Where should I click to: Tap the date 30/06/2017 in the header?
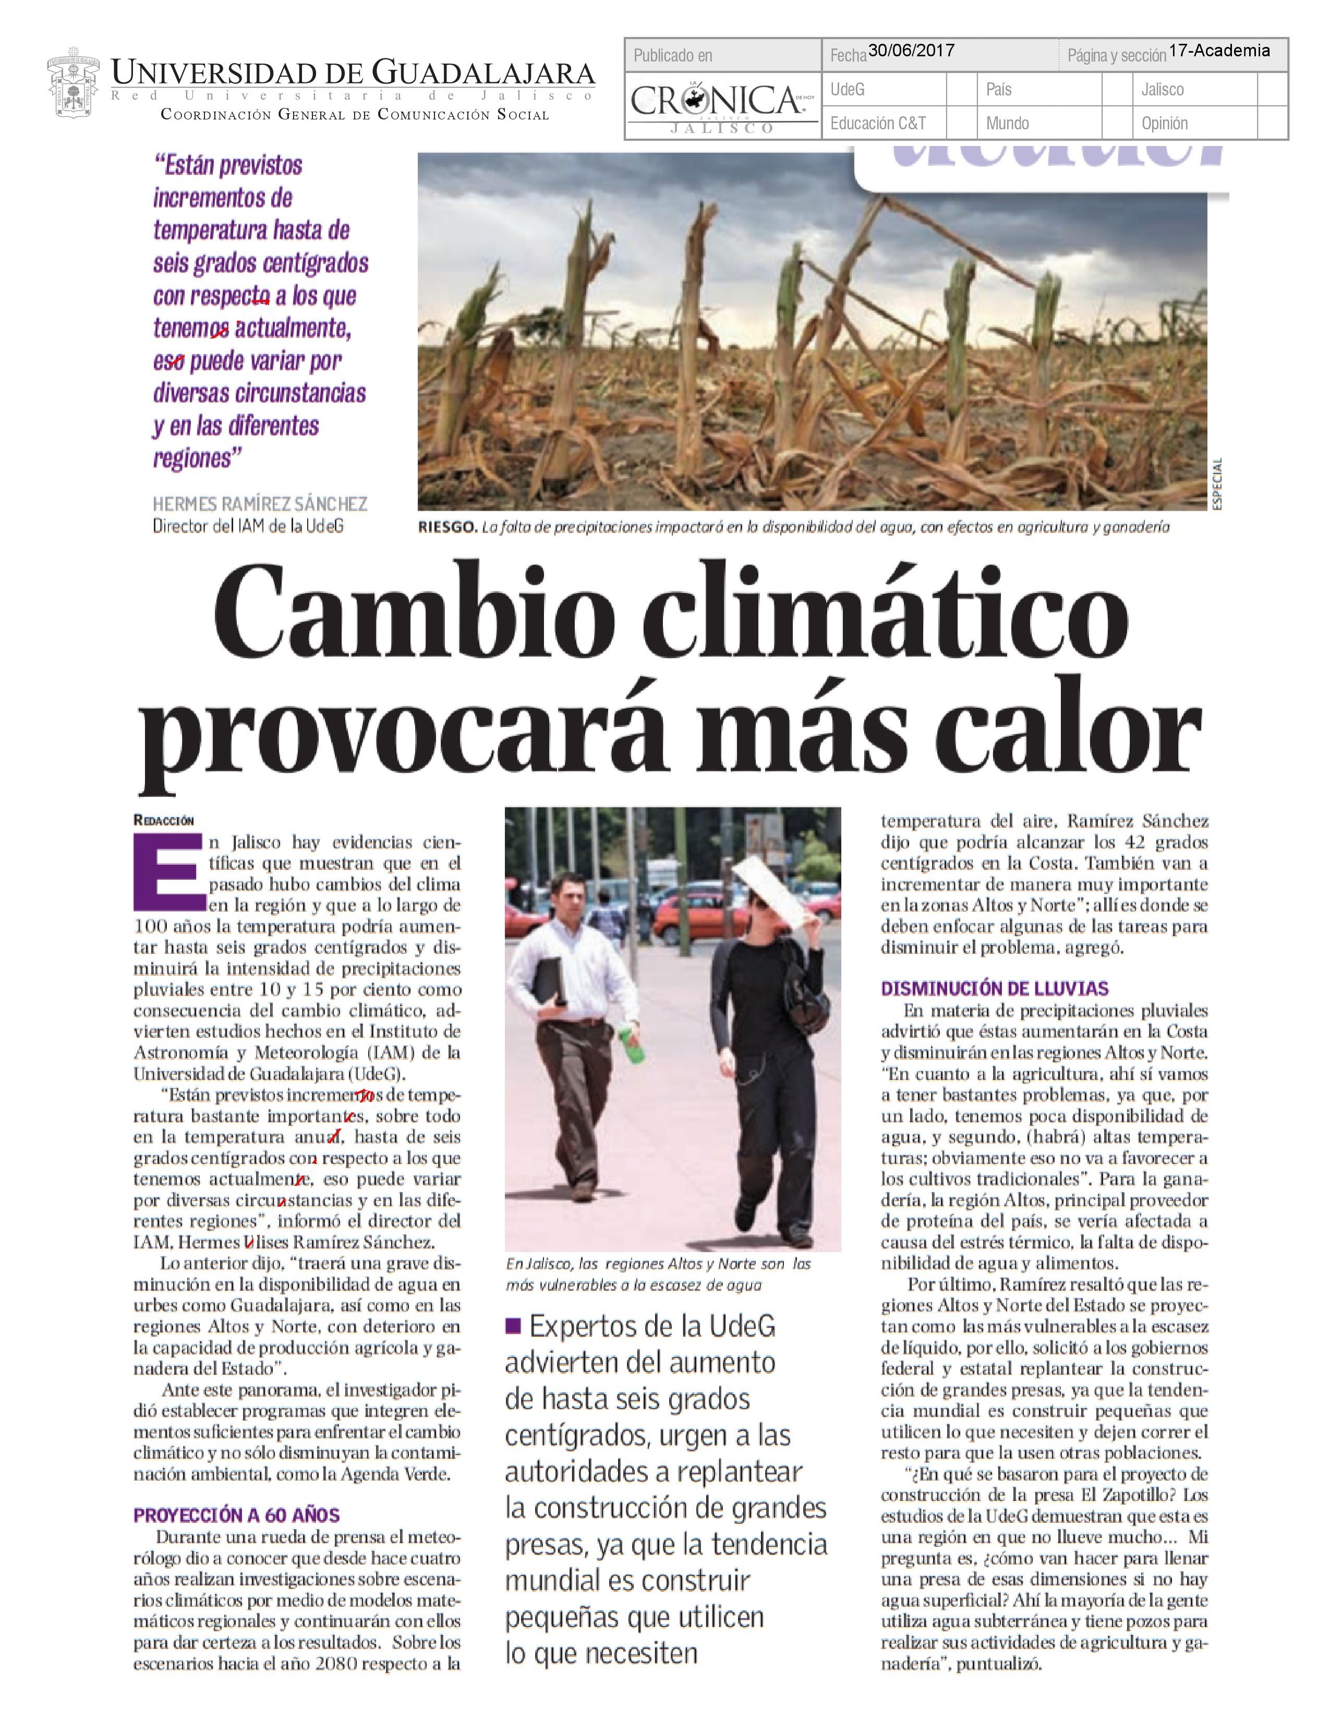(x=911, y=51)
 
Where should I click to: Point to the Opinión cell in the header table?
(x=1165, y=124)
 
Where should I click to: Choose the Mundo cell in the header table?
(x=1007, y=124)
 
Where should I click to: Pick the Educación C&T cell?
(x=878, y=124)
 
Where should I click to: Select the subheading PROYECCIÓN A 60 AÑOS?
(x=236, y=1516)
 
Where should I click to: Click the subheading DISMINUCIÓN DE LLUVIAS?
(x=994, y=988)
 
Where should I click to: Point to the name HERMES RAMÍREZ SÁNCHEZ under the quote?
(x=260, y=504)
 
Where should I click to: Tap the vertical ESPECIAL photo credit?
(x=1217, y=484)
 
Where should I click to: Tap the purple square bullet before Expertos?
(x=513, y=1326)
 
